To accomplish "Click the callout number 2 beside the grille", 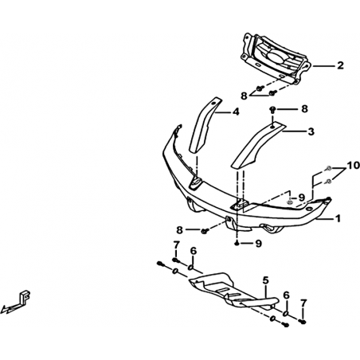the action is [340, 65].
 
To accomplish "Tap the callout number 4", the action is [236, 112].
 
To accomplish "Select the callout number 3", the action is [311, 131].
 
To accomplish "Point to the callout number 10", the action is [354, 166].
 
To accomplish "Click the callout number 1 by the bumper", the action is [338, 219].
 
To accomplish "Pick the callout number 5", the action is [266, 280].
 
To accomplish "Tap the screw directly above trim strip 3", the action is [272, 110].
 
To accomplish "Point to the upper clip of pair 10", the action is [328, 168].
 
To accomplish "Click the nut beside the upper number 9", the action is [290, 202].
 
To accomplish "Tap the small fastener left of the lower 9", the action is [237, 244].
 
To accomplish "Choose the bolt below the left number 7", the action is [176, 260].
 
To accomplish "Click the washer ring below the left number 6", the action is [191, 268].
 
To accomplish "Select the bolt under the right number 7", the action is [303, 322].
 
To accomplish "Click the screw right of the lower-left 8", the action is [205, 231].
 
